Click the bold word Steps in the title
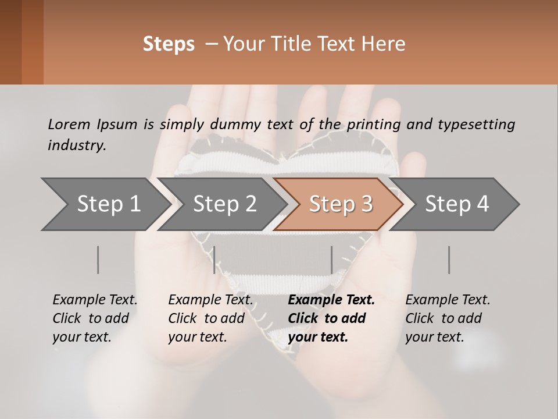[169, 44]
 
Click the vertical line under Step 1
[98, 260]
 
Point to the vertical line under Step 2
[214, 260]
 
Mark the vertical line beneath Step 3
[332, 260]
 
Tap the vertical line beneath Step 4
[449, 260]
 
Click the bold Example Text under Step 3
[331, 318]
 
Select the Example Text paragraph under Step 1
[95, 318]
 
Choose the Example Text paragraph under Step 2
[210, 318]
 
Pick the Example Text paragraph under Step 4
[448, 318]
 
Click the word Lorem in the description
[69, 124]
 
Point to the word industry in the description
[76, 145]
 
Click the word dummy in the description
[239, 124]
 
